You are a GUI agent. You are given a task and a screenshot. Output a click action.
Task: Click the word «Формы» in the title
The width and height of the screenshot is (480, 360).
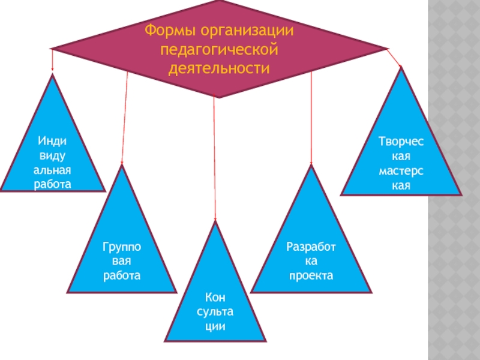point(170,29)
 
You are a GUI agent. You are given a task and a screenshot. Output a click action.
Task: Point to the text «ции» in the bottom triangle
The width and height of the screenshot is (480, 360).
point(214,327)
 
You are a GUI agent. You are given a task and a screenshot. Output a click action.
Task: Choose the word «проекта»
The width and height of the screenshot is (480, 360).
point(311,276)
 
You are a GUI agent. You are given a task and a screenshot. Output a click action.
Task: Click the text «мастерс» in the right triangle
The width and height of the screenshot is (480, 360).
point(400,172)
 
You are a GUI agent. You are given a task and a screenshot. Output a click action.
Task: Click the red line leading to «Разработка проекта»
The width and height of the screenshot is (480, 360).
point(311,120)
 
